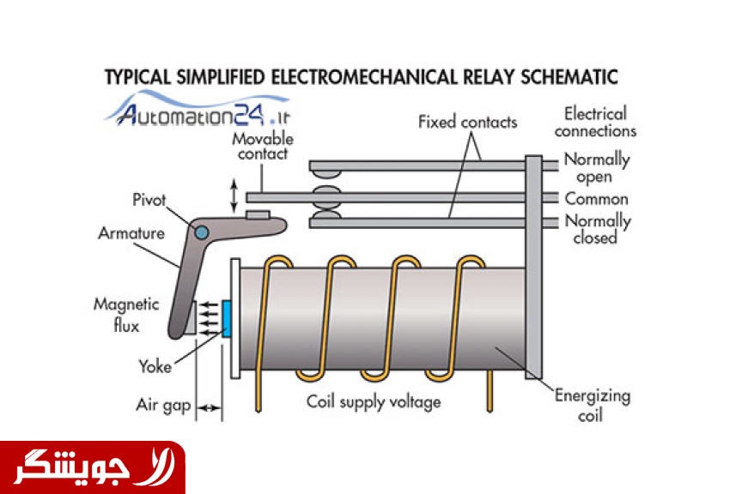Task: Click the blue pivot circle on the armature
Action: (201, 232)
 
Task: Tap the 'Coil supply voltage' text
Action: (374, 401)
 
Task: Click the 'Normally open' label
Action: (597, 168)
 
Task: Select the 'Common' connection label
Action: (597, 198)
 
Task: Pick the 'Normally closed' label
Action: (597, 229)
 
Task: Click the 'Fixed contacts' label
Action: (467, 122)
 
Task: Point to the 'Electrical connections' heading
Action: (595, 122)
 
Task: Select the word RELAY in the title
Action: (474, 77)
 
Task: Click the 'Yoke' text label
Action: (155, 367)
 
